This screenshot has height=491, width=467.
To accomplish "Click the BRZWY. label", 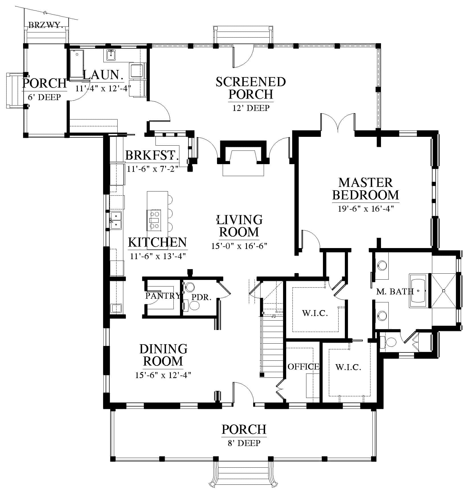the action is click(x=46, y=25).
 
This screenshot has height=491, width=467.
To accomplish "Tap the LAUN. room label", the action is click(x=103, y=75).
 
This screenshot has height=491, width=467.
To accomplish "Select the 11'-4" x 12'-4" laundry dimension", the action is click(x=103, y=88).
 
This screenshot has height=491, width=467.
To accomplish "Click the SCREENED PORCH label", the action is click(x=251, y=88).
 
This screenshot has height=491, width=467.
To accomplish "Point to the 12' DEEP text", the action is click(x=251, y=108).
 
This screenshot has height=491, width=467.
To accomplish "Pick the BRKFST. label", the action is click(x=152, y=156).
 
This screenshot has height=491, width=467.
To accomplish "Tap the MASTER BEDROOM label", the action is click(x=366, y=189).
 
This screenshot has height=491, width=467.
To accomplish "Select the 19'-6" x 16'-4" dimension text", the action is click(x=366, y=209).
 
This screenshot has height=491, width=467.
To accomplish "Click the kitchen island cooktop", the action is click(x=154, y=220).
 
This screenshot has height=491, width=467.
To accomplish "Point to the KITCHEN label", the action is click(x=157, y=242).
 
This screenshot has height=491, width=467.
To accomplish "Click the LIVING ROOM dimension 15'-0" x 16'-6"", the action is click(x=239, y=246).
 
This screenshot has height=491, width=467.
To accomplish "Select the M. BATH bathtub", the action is click(x=418, y=291).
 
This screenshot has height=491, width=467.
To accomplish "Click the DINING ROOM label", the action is click(x=163, y=355).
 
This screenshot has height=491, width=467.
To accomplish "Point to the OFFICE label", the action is click(x=303, y=367).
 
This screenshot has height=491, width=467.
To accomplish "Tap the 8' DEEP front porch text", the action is click(x=244, y=443).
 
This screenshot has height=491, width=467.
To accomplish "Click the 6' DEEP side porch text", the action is click(x=44, y=97).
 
